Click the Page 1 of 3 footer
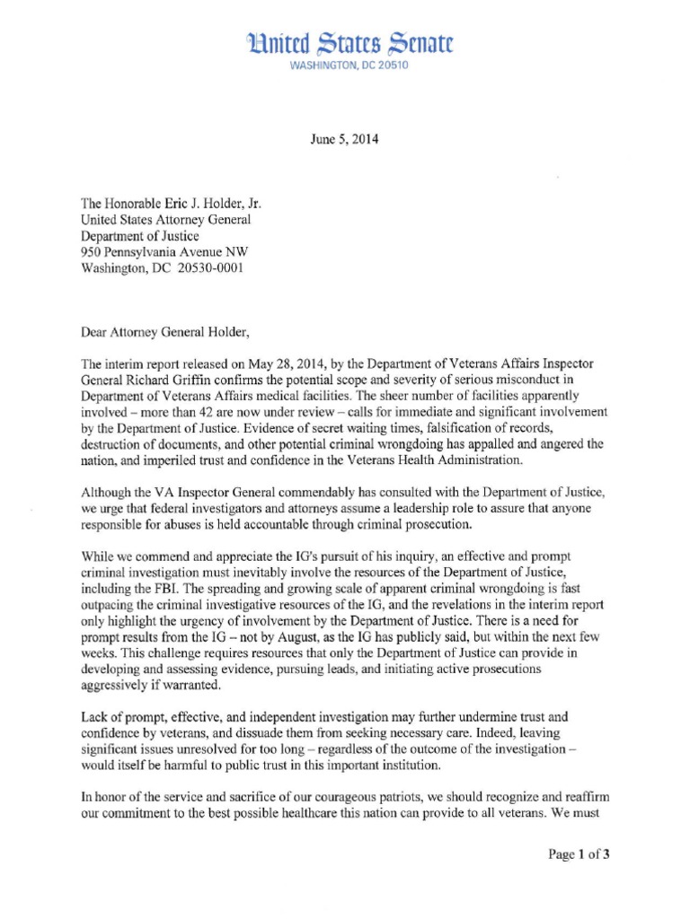[x=579, y=853]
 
